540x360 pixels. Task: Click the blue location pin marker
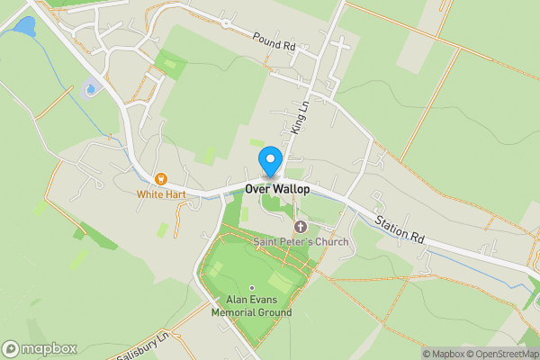pyautogui.click(x=269, y=163)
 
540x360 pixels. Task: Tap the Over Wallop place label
pyautogui.click(x=277, y=190)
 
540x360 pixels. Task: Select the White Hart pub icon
pyautogui.click(x=162, y=179)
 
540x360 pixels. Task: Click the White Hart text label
pyautogui.click(x=162, y=193)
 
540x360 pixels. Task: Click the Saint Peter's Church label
pyautogui.click(x=299, y=241)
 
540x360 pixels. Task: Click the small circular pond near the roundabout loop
pyautogui.click(x=89, y=89)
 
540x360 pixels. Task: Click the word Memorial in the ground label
pyautogui.click(x=236, y=313)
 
